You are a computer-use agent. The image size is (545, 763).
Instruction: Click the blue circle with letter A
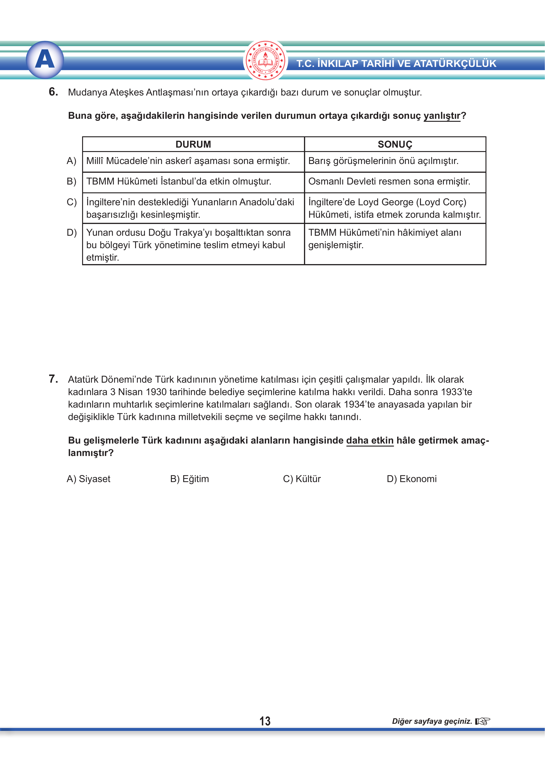[x=45, y=60]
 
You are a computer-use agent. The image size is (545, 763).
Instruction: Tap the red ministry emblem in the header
[x=265, y=61]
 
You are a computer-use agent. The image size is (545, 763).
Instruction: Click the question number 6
[x=53, y=92]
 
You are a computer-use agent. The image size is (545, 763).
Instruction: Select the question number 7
[x=53, y=379]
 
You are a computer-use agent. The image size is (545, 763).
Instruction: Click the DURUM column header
[x=193, y=144]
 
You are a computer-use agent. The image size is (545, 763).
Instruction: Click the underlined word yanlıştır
[x=442, y=116]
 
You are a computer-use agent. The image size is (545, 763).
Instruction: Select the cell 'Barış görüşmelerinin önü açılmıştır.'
[x=383, y=161]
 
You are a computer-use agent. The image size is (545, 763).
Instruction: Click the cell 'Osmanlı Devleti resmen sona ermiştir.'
[x=389, y=182]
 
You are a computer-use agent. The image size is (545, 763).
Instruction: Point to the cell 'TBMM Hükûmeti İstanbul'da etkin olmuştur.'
[x=179, y=182]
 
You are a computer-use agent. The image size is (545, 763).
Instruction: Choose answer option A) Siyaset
[x=89, y=479]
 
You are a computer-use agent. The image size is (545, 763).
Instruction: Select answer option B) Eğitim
[x=189, y=479]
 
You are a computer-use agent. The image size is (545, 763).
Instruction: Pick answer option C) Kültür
[x=302, y=479]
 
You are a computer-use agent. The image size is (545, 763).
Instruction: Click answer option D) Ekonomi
[x=411, y=479]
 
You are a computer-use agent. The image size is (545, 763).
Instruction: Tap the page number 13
[x=265, y=721]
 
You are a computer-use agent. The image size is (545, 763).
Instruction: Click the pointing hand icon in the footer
[x=482, y=721]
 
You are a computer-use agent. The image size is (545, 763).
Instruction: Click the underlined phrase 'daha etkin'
[x=369, y=441]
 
